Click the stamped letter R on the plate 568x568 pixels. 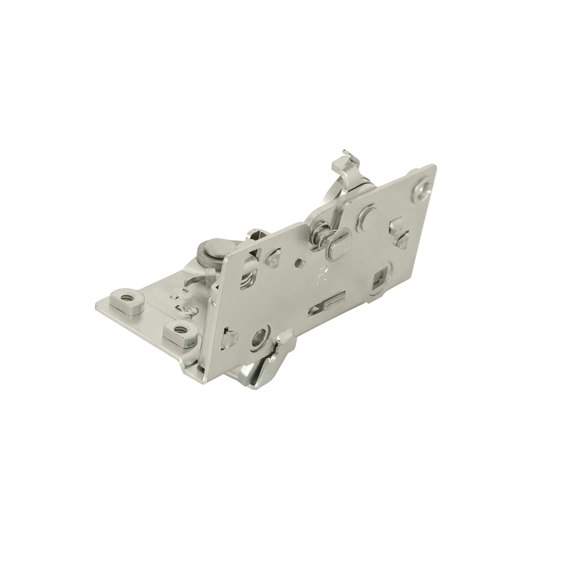[321, 272]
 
